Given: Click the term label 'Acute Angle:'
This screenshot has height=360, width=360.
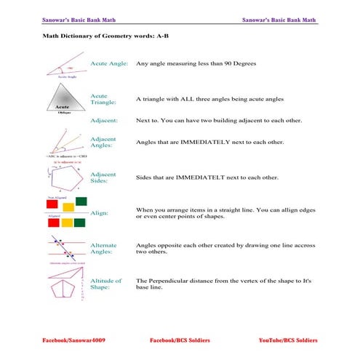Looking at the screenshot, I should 110,64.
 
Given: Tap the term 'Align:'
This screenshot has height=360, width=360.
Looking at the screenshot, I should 99,213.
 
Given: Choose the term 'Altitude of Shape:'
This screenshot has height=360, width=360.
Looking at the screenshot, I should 106,284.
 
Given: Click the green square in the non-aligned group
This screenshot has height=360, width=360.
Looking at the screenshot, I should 81,200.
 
